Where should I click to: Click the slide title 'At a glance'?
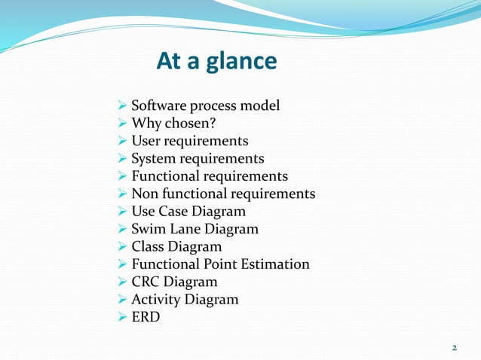(216, 61)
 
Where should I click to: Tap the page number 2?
(454, 347)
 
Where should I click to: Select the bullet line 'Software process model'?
(205, 105)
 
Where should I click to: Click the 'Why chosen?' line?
(168, 124)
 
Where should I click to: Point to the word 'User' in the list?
(146, 141)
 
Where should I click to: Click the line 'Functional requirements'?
(210, 176)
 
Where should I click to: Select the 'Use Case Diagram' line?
(188, 212)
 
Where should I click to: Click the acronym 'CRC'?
(146, 282)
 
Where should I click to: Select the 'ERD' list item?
(146, 317)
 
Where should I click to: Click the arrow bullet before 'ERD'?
(124, 317)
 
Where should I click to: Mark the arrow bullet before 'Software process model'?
(124, 106)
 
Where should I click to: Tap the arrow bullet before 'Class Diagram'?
(124, 247)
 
